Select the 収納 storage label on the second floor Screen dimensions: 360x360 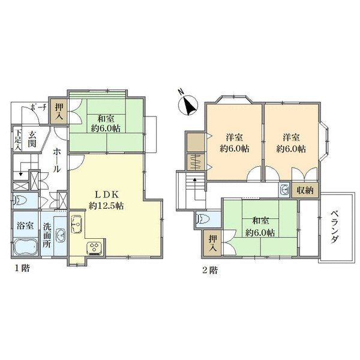[x=304, y=190]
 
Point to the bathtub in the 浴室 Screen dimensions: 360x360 [x=25, y=247]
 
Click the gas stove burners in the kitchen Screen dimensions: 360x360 [x=94, y=247]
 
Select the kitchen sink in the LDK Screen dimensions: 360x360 [x=77, y=224]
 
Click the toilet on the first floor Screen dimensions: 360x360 [x=19, y=200]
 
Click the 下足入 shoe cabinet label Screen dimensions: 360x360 [x=18, y=139]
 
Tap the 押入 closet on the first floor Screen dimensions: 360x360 [x=59, y=112]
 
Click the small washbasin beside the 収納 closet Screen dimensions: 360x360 [x=284, y=190]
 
